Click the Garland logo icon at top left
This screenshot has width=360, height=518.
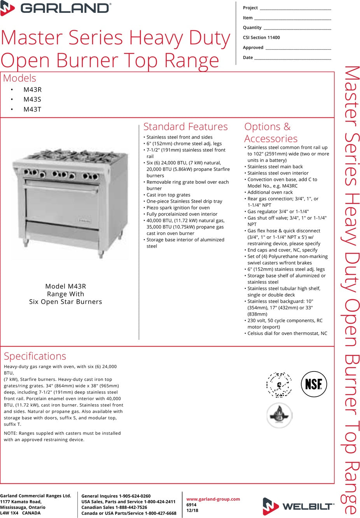pyautogui.click(x=7, y=8)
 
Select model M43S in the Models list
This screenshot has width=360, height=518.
pyautogui.click(x=32, y=99)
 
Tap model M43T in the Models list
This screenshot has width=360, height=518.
pyautogui.click(x=32, y=110)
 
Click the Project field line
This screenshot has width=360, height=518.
pyautogui.click(x=295, y=9)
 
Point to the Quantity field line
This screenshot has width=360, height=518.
pyautogui.click(x=297, y=28)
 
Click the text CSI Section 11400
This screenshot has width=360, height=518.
pyautogui.click(x=261, y=38)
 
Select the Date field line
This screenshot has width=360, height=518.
pyautogui.click(x=292, y=58)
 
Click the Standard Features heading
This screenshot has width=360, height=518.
pyautogui.click(x=185, y=127)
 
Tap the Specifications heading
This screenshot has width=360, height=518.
pyautogui.click(x=35, y=356)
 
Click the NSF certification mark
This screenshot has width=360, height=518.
pyautogui.click(x=314, y=384)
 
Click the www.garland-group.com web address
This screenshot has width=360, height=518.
pyautogui.click(x=213, y=499)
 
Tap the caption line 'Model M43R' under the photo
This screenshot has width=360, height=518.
pyautogui.click(x=66, y=286)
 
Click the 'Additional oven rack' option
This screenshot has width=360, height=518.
pyautogui.click(x=270, y=192)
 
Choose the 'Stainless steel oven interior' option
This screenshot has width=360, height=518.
pyautogui.click(x=278, y=173)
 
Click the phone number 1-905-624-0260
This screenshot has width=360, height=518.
pyautogui.click(x=135, y=496)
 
